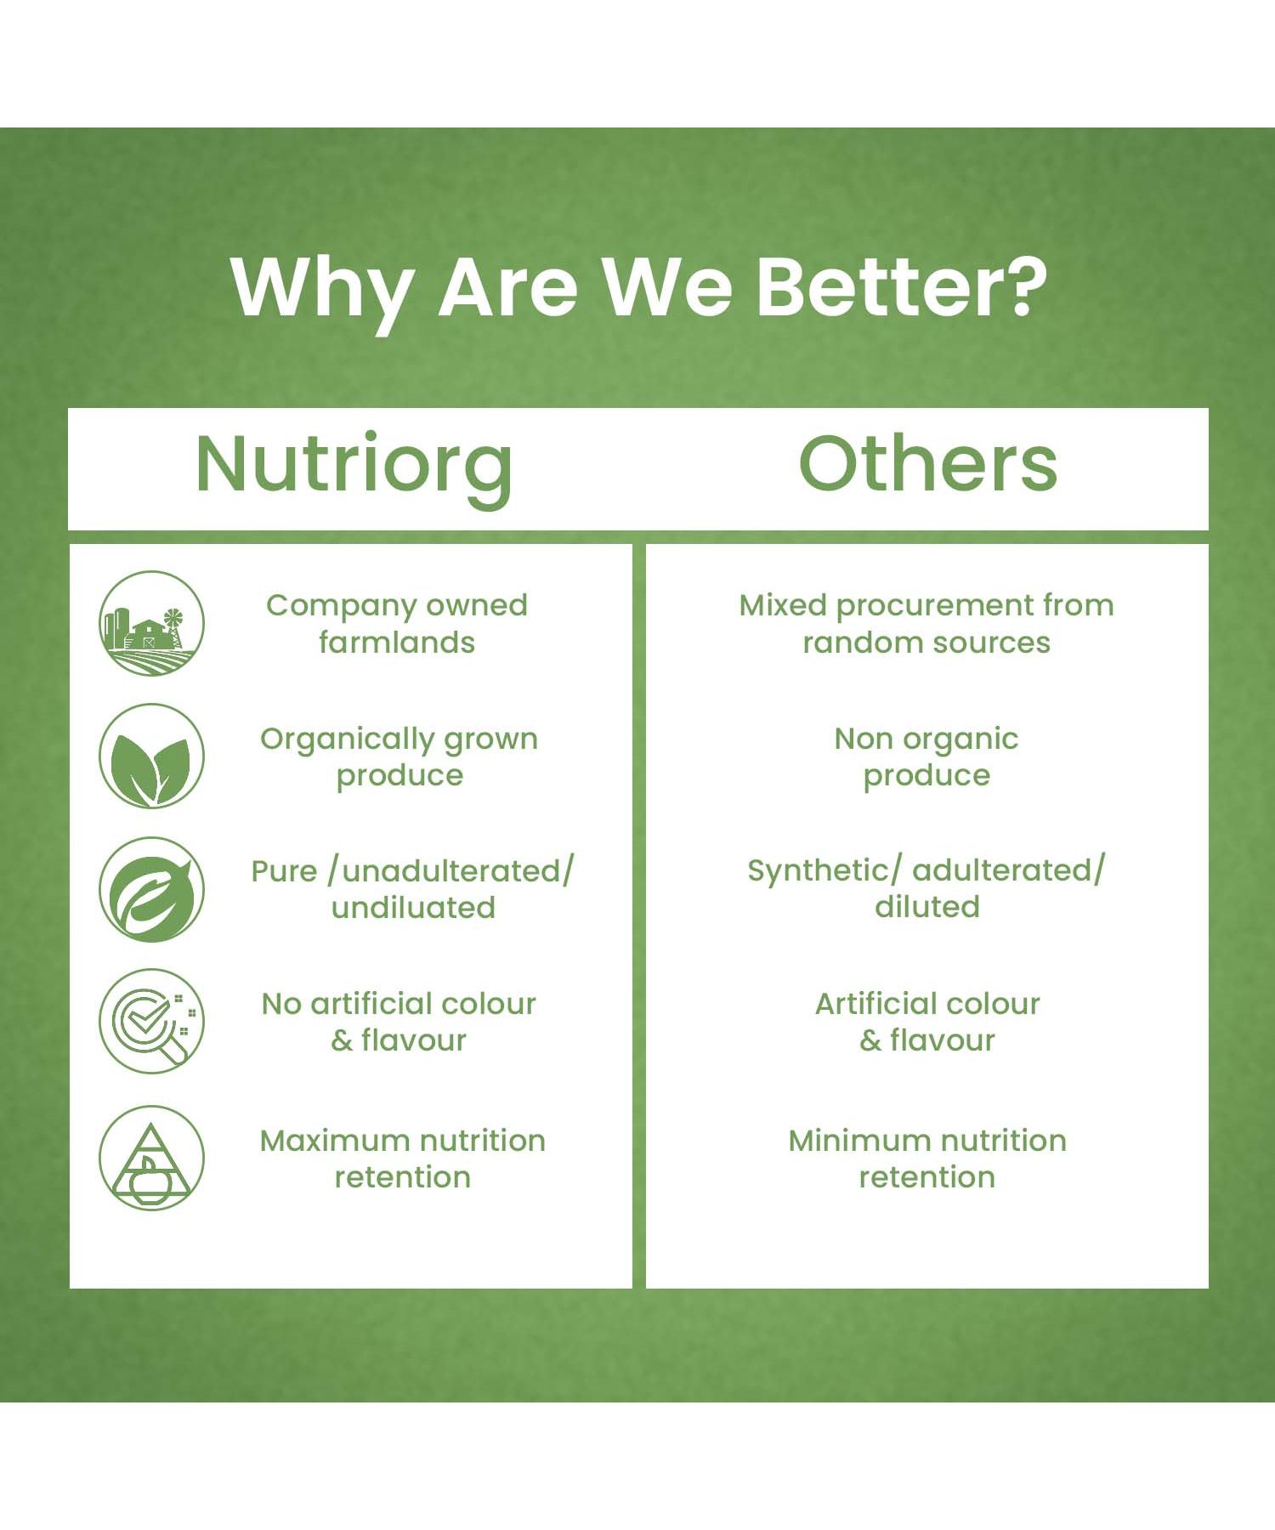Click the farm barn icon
coord(151,623)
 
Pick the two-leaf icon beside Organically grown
coord(151,756)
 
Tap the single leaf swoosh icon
coord(151,889)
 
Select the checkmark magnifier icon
coord(151,1021)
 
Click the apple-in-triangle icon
coord(151,1158)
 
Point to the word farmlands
coord(397,642)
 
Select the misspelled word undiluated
coord(413,907)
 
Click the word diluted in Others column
coord(927,907)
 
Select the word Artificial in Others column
coord(875,1004)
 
